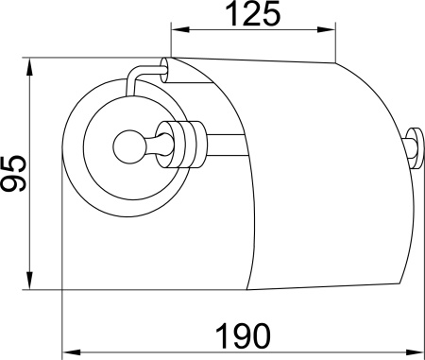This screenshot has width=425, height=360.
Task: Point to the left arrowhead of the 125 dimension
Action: point(177,38)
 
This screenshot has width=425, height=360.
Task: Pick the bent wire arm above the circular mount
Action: point(137,74)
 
